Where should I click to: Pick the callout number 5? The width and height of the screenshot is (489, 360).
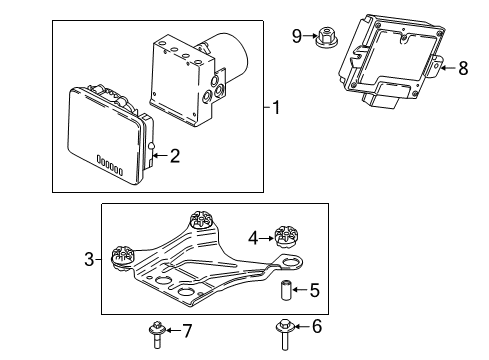(x=315, y=293)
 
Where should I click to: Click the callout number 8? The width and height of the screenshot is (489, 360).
(x=463, y=69)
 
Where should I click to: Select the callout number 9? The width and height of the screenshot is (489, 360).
(x=296, y=37)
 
